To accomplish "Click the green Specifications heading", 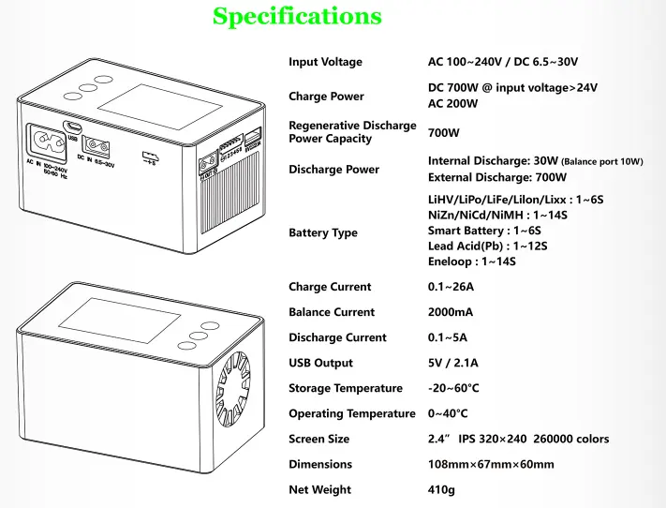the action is tap(297, 16).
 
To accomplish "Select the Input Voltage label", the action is tap(325, 62).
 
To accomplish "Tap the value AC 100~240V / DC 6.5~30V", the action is tap(503, 62).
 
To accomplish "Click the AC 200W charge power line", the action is tap(452, 104).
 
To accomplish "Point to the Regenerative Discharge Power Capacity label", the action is tap(352, 132).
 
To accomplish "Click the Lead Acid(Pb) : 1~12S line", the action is tap(488, 247).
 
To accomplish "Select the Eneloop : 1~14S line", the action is tap(472, 261).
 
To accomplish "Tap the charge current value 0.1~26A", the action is tap(451, 287).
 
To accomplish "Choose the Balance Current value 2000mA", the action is tap(451, 312).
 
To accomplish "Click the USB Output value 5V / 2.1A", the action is tap(452, 363).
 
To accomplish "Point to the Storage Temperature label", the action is tap(346, 389).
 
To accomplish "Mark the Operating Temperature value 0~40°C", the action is tap(448, 413).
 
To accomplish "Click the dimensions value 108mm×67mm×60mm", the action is tap(491, 464).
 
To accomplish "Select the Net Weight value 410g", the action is tap(441, 490).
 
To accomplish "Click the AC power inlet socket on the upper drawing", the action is tap(47, 142).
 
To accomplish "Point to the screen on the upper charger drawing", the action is tap(160, 107).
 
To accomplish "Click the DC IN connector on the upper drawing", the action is tap(96, 147).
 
